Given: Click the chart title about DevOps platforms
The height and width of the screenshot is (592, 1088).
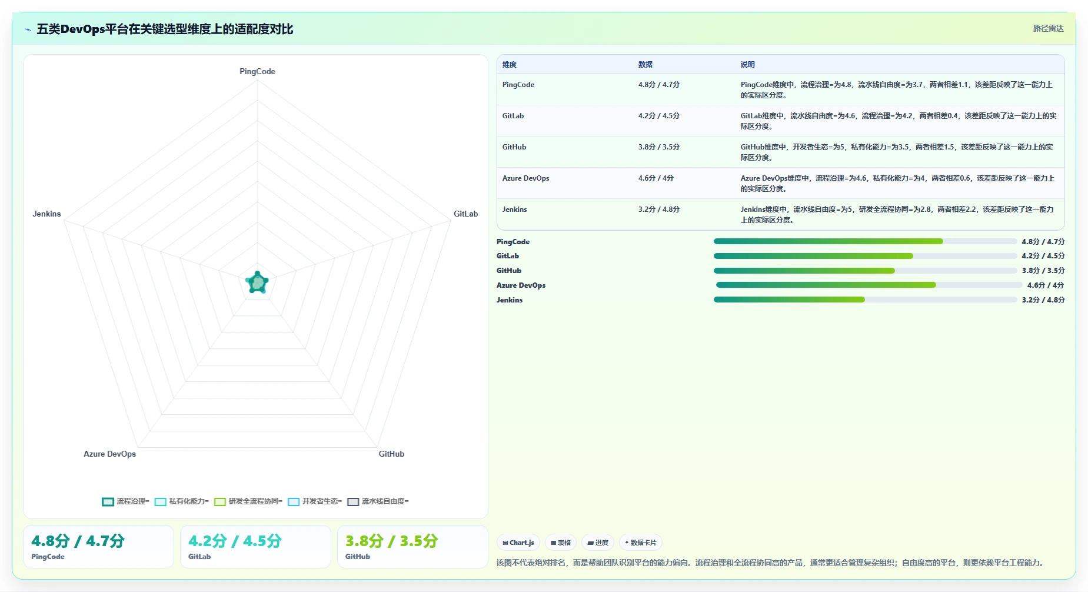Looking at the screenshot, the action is pos(165,29).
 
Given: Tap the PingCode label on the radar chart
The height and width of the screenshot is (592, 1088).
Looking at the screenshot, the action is pos(257,71).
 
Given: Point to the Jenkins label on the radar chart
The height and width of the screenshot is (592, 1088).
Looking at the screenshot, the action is pos(46,214).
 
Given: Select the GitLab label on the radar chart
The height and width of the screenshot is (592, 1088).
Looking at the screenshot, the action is pos(465,214).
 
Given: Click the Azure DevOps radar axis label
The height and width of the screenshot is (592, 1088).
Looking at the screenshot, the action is pos(109,454).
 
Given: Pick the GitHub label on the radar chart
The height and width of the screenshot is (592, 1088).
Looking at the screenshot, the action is pos(391,454).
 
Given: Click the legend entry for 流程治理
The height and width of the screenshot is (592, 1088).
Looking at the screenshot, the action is pos(125,501).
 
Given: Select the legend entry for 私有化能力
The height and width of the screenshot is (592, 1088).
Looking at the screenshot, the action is pos(182,501).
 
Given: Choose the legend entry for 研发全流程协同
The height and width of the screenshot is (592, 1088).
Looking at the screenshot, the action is pos(248,501).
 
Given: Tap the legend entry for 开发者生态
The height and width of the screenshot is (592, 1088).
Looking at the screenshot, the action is pos(315,501).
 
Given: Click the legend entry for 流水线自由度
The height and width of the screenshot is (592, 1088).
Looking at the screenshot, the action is pos(378,501).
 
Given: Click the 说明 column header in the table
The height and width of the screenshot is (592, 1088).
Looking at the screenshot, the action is pos(747,65).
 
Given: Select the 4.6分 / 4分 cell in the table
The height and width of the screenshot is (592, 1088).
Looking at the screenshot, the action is pos(656,178).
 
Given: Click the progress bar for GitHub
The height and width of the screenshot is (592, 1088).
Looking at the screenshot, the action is pos(865,271).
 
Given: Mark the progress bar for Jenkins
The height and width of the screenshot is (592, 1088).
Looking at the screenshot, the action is pos(865,300).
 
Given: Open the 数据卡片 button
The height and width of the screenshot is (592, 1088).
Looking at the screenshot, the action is pos(640,543).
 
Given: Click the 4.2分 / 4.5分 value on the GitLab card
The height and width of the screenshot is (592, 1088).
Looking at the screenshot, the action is pos(235,541).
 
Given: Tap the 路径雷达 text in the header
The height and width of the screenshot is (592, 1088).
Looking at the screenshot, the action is pos(1049,28).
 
